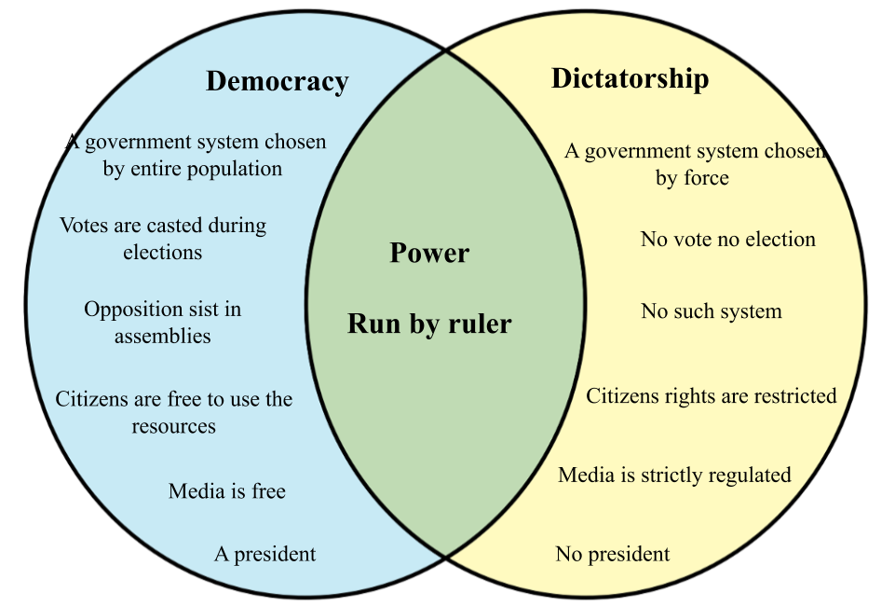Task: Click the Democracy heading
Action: click(277, 82)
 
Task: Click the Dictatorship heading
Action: click(630, 79)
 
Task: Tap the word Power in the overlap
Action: click(429, 254)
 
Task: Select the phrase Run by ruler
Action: click(429, 324)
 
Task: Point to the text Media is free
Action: click(226, 490)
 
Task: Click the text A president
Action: click(264, 554)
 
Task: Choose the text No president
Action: click(612, 554)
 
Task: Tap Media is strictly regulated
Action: click(674, 475)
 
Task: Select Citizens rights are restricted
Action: click(711, 395)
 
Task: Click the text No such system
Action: click(711, 311)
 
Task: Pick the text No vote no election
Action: click(727, 240)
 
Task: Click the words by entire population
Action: click(192, 170)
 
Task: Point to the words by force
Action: click(692, 178)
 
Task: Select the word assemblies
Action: click(162, 336)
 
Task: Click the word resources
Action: click(173, 426)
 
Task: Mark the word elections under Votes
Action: click(162, 252)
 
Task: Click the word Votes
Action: click(84, 226)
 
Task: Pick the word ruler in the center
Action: click(480, 324)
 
